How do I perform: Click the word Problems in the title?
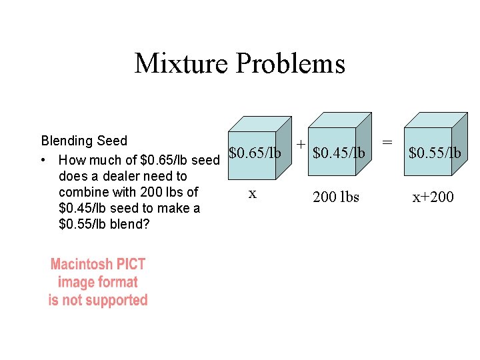coord(291,63)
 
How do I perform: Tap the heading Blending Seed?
coord(84,141)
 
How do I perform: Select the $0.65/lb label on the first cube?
coord(254,153)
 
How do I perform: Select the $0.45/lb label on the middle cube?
coord(339,153)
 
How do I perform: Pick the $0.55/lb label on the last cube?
coord(434,153)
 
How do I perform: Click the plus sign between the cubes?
coord(301,144)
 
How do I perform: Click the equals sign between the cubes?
coord(387,142)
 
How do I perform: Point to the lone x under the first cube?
coord(252,193)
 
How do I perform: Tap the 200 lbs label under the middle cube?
coord(336,197)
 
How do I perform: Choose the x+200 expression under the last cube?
coord(433,197)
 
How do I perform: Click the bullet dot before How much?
coord(43,161)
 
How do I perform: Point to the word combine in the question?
coord(82,192)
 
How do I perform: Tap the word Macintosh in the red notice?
coord(83,265)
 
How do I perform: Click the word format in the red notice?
coord(117,283)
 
